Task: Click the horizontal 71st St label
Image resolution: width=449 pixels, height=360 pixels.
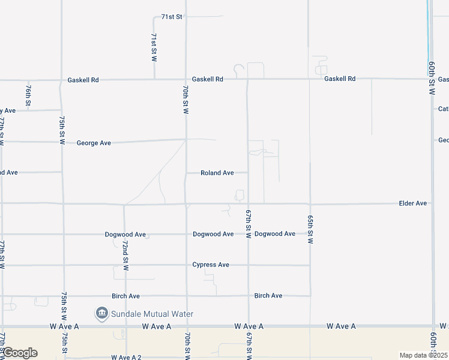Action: point(171,17)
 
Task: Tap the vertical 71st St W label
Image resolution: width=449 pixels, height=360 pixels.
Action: point(154,47)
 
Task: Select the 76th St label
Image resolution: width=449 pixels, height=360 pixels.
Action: point(28,94)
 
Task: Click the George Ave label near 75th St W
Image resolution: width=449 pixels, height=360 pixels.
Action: point(94,143)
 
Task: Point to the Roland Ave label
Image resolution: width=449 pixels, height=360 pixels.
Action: point(217,173)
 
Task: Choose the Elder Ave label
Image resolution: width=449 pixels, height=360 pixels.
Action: point(412,203)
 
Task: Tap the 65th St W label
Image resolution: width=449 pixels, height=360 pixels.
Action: point(310,229)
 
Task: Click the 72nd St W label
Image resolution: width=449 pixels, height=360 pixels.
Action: point(125,256)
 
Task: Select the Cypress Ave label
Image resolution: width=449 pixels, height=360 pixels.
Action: point(211,265)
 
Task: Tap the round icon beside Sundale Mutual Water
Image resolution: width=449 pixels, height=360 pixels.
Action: point(101,313)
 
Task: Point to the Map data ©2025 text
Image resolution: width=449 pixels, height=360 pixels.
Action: point(423,355)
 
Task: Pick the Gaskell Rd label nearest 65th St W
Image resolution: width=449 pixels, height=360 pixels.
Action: point(340,79)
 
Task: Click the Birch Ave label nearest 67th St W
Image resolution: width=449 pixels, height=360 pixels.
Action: point(268,296)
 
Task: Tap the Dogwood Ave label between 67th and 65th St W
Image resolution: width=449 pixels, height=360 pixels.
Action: point(275,234)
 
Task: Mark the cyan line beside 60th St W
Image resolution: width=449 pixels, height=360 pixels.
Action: point(428,30)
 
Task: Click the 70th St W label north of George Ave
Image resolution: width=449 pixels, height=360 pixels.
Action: point(186,100)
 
